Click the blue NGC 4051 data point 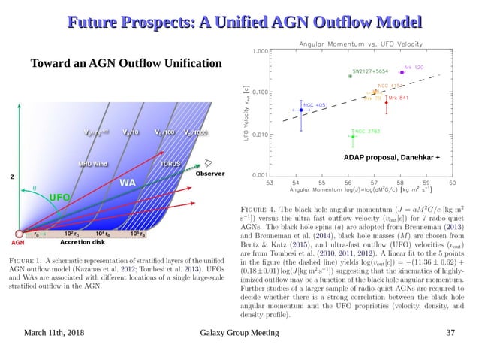[x=300, y=110]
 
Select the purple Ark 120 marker [x=402, y=72]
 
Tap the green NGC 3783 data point [x=352, y=136]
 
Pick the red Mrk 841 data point [x=387, y=103]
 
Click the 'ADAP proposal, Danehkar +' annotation [x=391, y=159]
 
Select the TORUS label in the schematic [x=170, y=163]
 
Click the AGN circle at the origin [x=20, y=234]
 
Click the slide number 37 [x=450, y=333]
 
